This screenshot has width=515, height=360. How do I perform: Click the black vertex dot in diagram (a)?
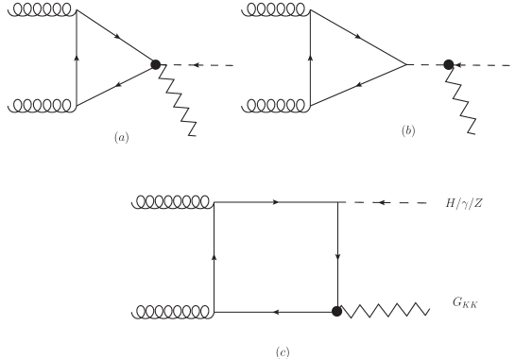[x=157, y=63]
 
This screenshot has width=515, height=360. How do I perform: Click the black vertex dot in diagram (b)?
[x=449, y=64]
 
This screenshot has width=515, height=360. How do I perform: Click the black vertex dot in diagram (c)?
[x=336, y=311]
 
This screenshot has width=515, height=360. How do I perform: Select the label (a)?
[x=121, y=138]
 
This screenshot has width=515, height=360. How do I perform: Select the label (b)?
[x=407, y=132]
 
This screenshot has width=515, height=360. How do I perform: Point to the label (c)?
[x=282, y=351]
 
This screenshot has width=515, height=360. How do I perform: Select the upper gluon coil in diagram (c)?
[x=174, y=201]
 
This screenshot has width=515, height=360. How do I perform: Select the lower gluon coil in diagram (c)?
[x=174, y=309]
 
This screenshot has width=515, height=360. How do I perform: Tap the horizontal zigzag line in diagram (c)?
[x=386, y=310]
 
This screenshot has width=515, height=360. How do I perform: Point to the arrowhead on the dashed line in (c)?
[x=380, y=202]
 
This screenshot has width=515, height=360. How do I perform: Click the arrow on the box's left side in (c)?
[x=215, y=255]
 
